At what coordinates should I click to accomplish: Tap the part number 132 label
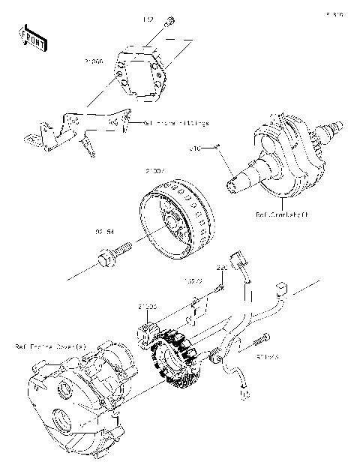pyautogui.click(x=148, y=17)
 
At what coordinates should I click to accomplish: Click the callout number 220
pyautogui.click(x=222, y=268)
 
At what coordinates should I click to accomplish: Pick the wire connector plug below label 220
pyautogui.click(x=240, y=260)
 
